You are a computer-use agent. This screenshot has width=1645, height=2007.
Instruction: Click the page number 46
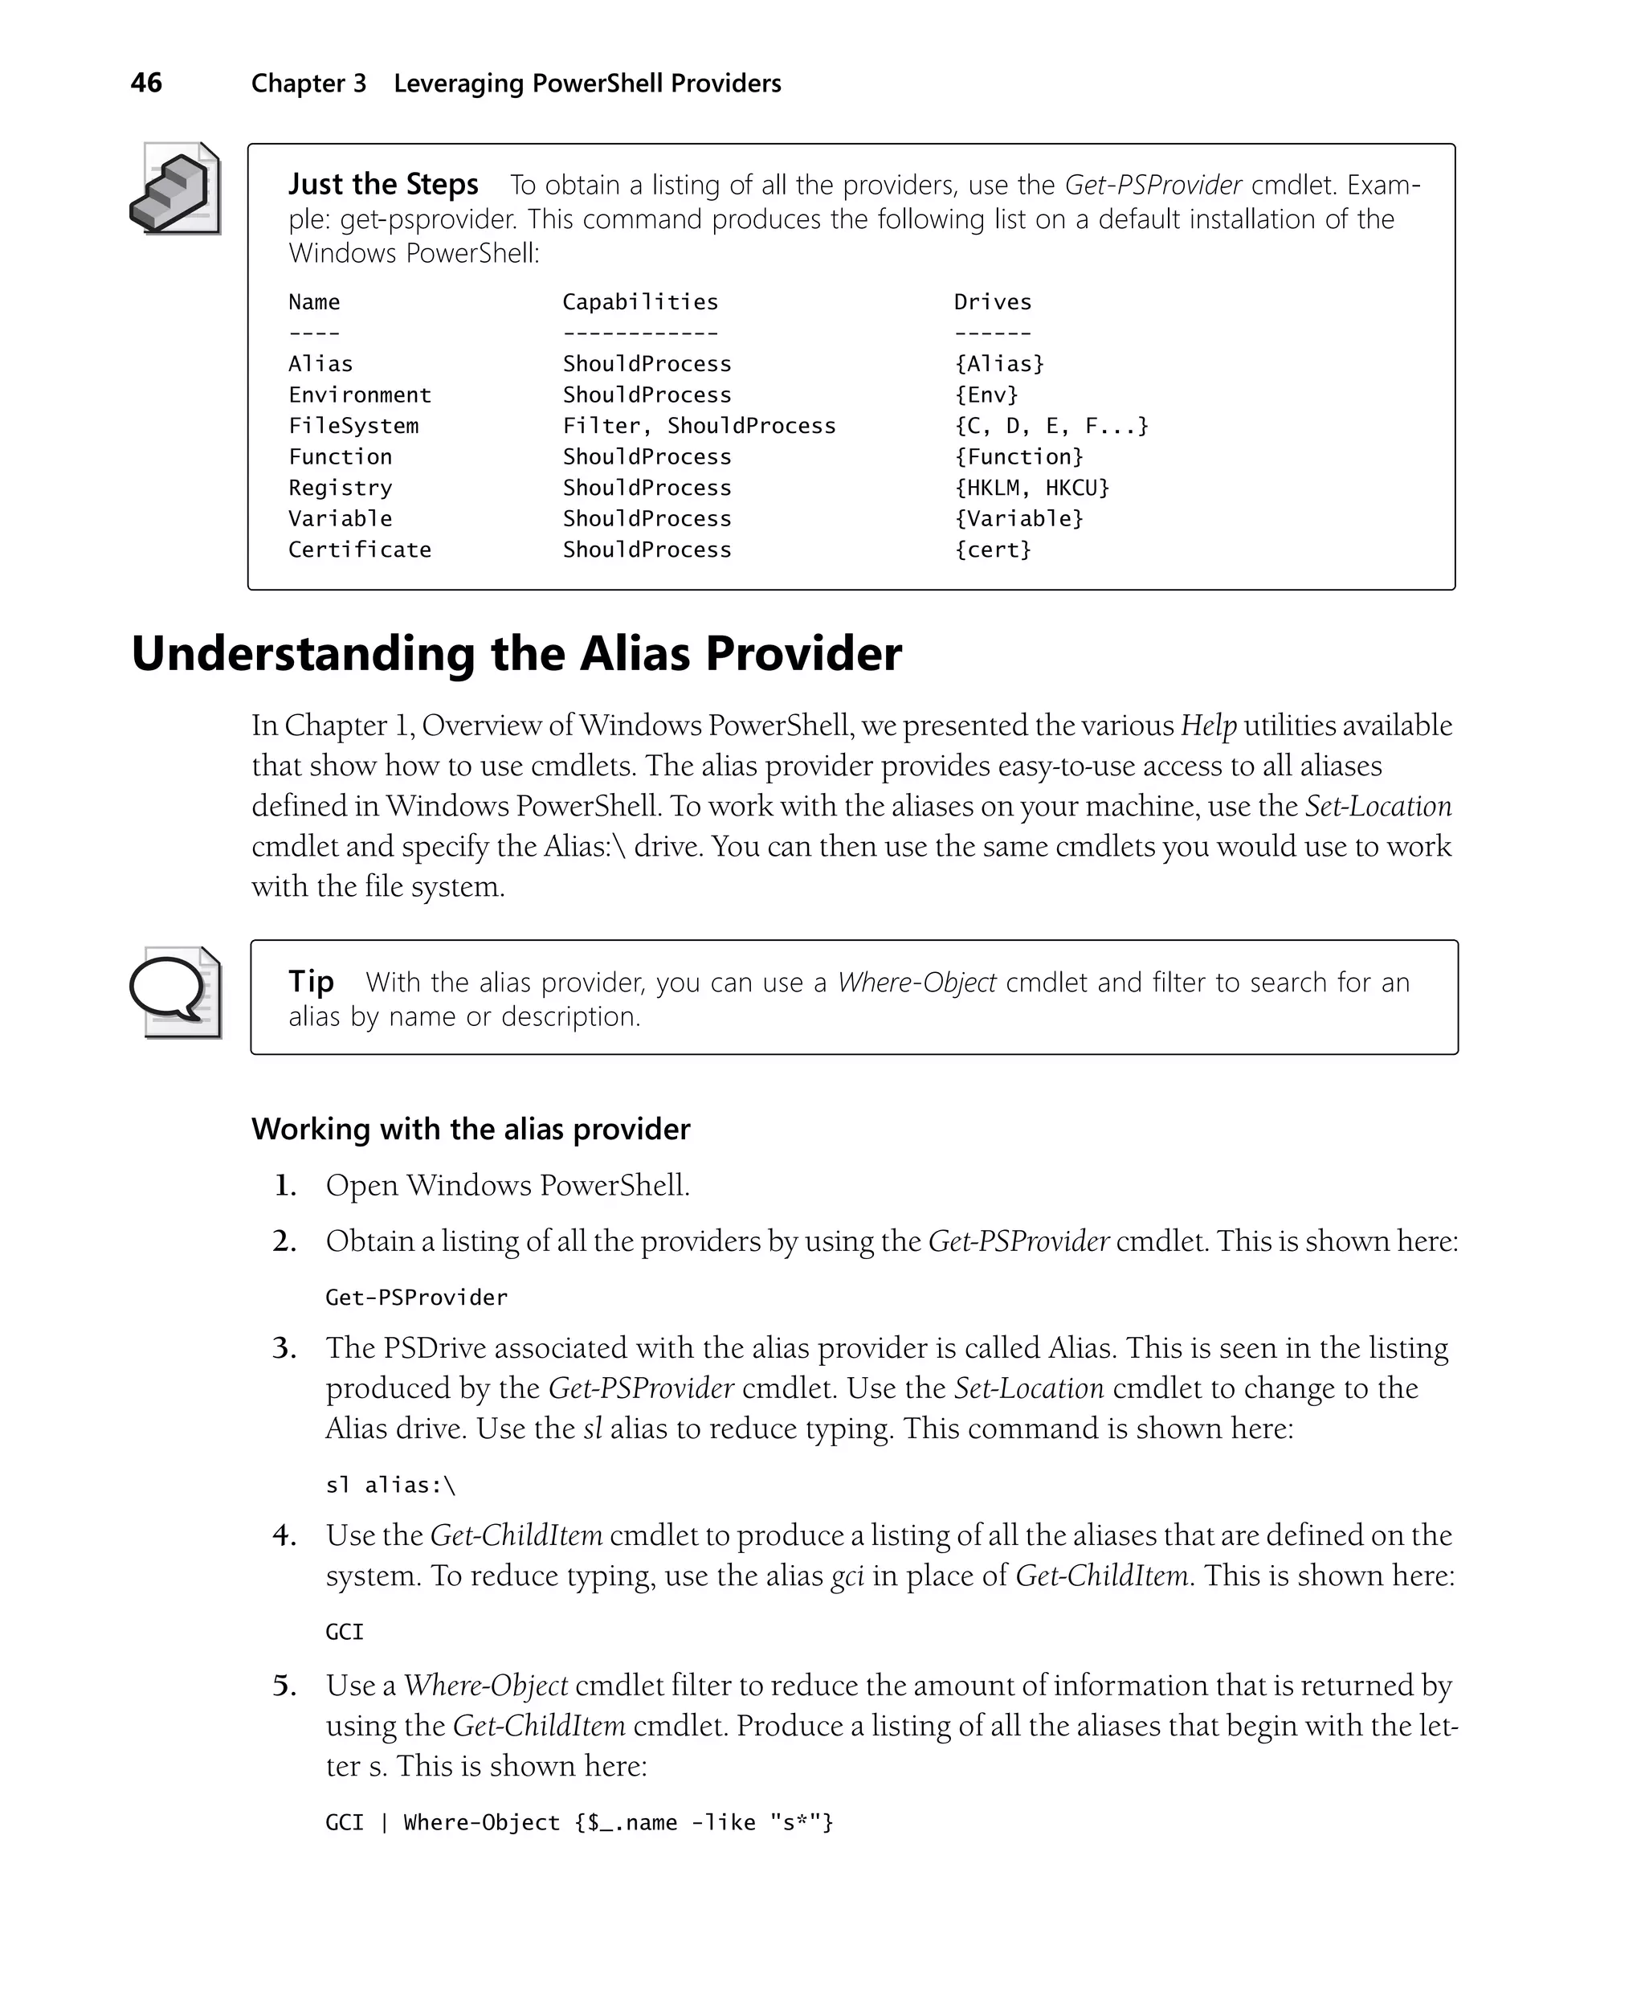146,83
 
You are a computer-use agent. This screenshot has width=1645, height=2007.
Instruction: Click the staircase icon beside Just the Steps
175,189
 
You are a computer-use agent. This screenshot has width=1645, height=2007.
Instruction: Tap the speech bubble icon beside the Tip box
175,991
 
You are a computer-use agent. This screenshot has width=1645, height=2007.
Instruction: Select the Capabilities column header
639,302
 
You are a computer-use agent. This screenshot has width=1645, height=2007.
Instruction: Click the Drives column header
992,302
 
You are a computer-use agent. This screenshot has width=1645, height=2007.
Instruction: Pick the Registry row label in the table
341,488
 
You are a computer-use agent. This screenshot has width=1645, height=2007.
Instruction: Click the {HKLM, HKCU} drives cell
1031,488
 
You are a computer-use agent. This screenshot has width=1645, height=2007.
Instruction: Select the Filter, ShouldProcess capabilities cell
698,427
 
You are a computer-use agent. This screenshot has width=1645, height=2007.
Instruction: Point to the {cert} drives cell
992,550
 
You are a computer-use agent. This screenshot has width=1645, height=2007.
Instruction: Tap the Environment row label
359,395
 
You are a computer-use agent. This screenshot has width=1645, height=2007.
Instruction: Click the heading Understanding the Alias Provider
516,654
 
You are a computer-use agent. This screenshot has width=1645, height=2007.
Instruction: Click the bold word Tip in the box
311,981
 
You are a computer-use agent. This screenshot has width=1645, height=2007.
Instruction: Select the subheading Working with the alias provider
470,1129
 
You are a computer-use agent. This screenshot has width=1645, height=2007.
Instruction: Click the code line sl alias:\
390,1485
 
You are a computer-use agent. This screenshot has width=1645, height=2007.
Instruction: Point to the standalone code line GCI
344,1632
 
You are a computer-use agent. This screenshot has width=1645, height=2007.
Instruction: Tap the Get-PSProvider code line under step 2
416,1298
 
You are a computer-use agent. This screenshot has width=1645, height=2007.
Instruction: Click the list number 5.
284,1686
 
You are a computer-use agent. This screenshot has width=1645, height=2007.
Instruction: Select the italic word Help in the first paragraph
1208,726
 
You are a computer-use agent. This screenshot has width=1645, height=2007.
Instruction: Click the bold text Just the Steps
383,184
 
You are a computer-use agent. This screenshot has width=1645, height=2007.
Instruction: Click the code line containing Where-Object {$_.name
578,1822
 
